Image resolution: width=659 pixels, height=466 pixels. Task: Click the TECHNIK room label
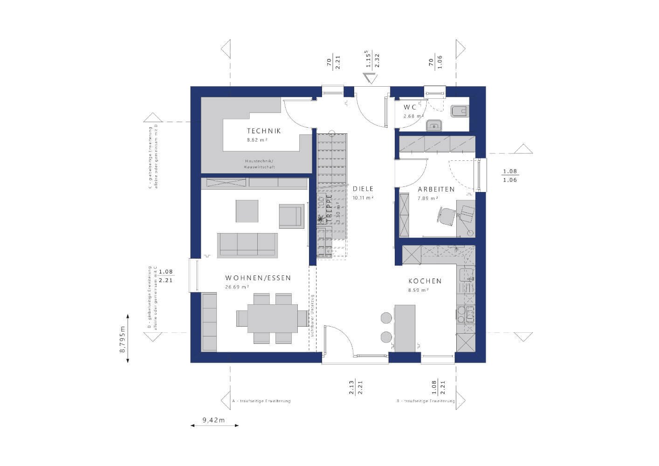(x=264, y=131)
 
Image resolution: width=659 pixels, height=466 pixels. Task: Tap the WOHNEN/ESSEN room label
(x=258, y=278)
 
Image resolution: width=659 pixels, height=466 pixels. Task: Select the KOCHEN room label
(x=425, y=281)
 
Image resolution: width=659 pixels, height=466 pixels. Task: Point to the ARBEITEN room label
(x=436, y=189)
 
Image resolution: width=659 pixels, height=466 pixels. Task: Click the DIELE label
(x=363, y=189)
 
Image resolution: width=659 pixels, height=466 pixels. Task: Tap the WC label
(x=410, y=107)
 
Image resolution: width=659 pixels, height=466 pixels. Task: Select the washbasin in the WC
(x=434, y=124)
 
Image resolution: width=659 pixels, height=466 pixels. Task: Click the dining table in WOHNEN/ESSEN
(x=272, y=318)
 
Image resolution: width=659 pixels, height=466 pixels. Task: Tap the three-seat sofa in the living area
(x=247, y=244)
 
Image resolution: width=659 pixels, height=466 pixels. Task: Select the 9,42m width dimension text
(x=213, y=420)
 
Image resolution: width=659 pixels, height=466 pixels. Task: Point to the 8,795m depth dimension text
(x=123, y=337)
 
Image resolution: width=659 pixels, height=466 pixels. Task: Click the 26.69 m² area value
(x=237, y=287)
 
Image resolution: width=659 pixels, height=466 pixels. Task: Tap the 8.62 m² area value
(x=257, y=140)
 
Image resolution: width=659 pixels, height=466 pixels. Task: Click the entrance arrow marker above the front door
(x=371, y=78)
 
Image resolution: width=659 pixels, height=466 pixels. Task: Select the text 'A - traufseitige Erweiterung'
(x=261, y=401)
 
